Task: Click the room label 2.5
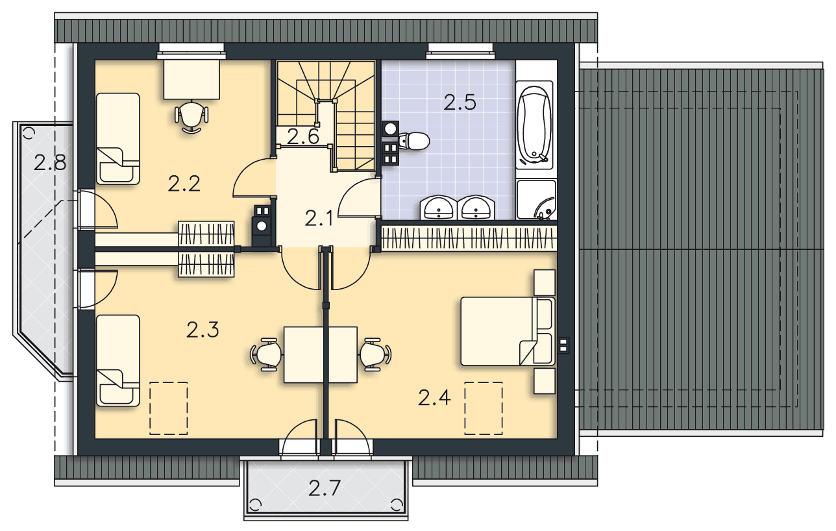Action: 460,102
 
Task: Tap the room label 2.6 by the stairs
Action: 302,137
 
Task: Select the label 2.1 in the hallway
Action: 319,218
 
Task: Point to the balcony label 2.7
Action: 325,488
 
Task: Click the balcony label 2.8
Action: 50,162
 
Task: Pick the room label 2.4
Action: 434,397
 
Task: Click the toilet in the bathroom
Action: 414,140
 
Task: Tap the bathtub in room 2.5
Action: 534,125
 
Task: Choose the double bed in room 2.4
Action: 500,331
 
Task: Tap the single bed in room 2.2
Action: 118,138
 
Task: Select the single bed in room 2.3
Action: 118,360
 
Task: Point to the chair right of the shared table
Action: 375,354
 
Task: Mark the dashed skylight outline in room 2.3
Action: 169,408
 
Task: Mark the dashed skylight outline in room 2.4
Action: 484,408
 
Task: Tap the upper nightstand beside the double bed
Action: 545,282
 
